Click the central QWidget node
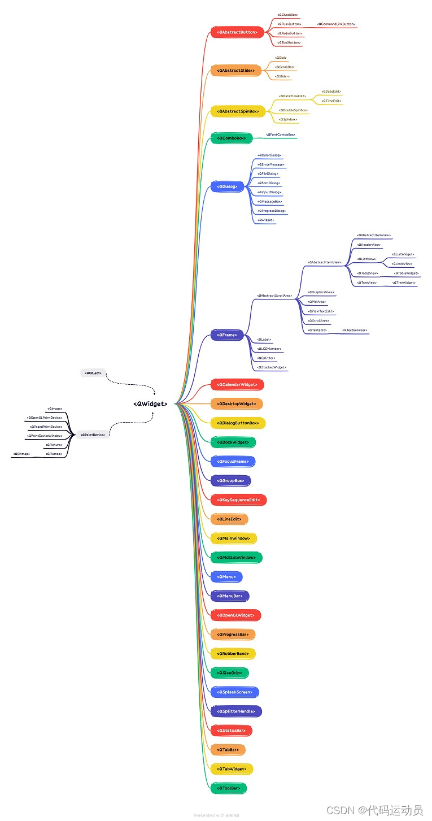150,404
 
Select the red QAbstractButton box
237,32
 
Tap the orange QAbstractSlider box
235,71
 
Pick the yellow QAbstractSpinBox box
238,111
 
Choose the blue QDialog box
227,186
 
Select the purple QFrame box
227,335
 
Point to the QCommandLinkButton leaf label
336,24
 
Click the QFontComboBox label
281,135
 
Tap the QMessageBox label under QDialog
270,202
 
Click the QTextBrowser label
355,330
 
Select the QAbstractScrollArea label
274,296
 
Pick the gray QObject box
93,373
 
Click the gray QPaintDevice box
93,435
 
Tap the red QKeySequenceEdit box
238,500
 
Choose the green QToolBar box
229,788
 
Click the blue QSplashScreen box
234,692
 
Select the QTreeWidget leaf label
404,283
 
